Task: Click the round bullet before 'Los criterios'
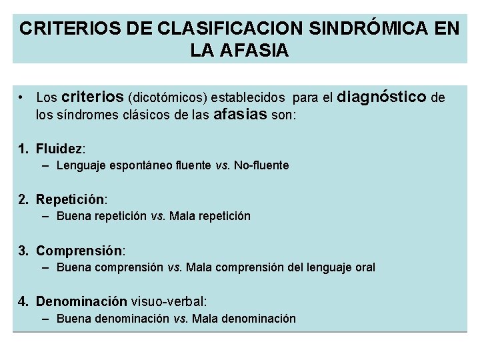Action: (22, 98)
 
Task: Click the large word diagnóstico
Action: (382, 97)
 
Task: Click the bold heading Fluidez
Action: (60, 148)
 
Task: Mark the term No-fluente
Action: (261, 165)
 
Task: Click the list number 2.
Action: (23, 199)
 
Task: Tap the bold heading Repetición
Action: (70, 199)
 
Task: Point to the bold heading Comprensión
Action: (79, 251)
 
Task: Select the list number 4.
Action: (23, 302)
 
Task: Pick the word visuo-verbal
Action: (168, 302)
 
